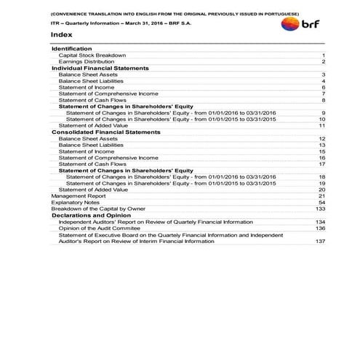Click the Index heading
click(61, 34)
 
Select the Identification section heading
click(71, 48)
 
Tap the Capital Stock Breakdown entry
click(92, 55)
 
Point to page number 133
click(320, 209)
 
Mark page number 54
click(321, 202)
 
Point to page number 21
click(321, 196)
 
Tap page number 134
click(320, 221)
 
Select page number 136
click(320, 228)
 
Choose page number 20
click(321, 189)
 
